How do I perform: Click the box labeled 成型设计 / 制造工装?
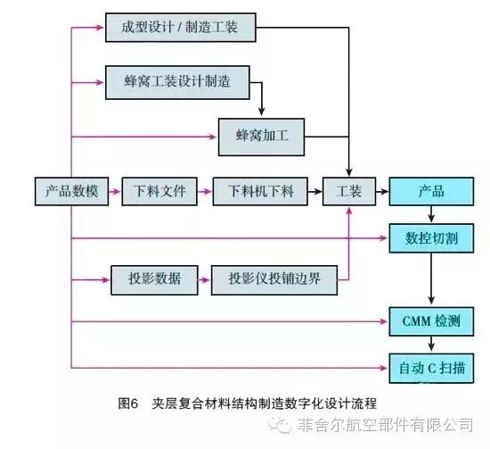point(180,28)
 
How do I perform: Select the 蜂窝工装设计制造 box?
point(176,82)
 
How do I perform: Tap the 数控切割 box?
point(431,238)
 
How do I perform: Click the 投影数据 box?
point(147,279)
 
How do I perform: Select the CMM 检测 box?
point(431,319)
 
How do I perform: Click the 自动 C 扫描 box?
point(431,365)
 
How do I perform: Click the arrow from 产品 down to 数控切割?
point(431,215)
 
